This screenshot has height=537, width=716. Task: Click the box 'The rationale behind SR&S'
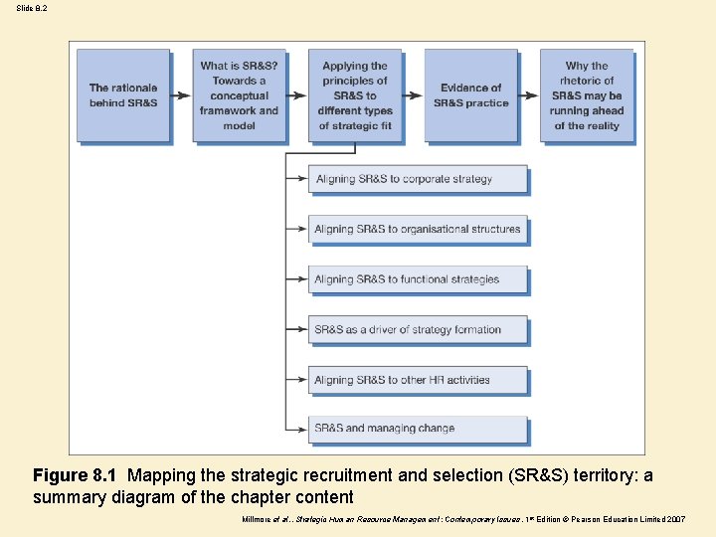point(123,95)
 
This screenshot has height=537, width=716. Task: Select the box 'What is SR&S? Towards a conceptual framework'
point(239,95)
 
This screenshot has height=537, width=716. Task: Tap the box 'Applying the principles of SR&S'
point(355,95)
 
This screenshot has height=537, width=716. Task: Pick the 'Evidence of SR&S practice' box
point(470,95)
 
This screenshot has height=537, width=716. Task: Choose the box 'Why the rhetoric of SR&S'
point(587,95)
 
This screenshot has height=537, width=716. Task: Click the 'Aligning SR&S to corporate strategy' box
point(418,179)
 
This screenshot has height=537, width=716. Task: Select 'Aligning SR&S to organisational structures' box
point(418,229)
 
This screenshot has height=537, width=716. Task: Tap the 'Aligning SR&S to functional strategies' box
point(418,279)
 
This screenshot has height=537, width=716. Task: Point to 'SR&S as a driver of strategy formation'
point(418,329)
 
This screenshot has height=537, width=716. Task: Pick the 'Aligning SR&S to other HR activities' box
point(418,380)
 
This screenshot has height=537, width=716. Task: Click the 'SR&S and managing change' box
point(418,429)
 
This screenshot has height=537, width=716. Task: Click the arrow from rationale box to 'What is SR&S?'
point(181,95)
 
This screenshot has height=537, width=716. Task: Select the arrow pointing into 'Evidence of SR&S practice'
point(413,95)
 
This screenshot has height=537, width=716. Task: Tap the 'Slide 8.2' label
point(31,8)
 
